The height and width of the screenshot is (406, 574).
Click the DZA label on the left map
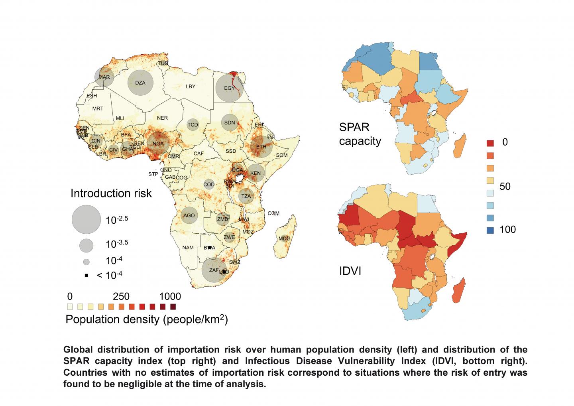pyautogui.click(x=140, y=83)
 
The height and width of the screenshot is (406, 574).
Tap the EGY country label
pyautogui.click(x=230, y=88)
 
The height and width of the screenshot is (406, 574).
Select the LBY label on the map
pyautogui.click(x=191, y=87)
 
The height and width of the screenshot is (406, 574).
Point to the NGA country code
pyautogui.click(x=158, y=144)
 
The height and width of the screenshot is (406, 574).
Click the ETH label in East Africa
pyautogui.click(x=261, y=147)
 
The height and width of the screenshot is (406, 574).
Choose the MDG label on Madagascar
pyautogui.click(x=285, y=238)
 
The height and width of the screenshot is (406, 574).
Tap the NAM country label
pyautogui.click(x=188, y=248)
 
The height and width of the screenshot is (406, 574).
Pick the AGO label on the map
pyautogui.click(x=189, y=215)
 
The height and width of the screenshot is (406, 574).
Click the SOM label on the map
pyautogui.click(x=281, y=155)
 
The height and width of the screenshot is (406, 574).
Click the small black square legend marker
pyautogui.click(x=86, y=275)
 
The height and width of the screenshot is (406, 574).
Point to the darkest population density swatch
pyautogui.click(x=173, y=307)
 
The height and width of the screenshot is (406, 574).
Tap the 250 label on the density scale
pyautogui.click(x=121, y=296)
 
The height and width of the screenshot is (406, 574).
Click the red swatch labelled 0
pyautogui.click(x=491, y=142)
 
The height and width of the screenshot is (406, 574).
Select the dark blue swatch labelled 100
pyautogui.click(x=491, y=230)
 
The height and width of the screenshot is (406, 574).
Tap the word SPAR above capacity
pyautogui.click(x=354, y=127)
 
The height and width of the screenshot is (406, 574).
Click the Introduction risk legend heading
pyautogui.click(x=111, y=193)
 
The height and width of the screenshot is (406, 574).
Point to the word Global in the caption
pyautogui.click(x=78, y=350)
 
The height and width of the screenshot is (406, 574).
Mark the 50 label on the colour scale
pyautogui.click(x=505, y=186)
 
